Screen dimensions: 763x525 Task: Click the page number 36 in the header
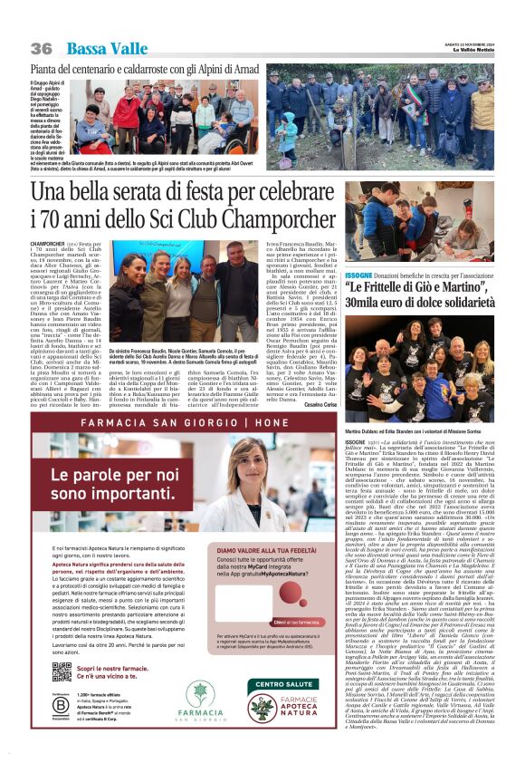point(41,48)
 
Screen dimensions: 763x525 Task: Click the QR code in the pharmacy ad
point(62,671)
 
